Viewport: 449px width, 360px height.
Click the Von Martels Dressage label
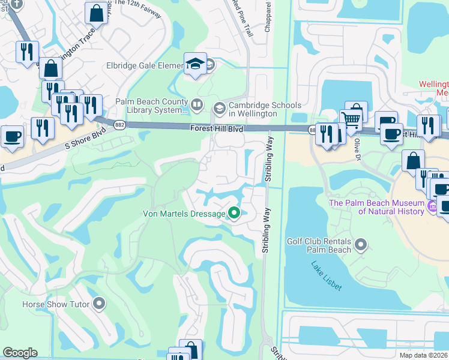[183, 214]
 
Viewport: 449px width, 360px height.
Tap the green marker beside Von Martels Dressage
[234, 213]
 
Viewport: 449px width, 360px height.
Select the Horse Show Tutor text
[56, 304]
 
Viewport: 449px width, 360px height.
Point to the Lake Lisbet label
[327, 276]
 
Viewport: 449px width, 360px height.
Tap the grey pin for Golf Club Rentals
[360, 244]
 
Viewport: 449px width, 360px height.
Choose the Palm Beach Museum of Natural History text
[376, 207]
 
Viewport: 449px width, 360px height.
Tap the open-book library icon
[196, 106]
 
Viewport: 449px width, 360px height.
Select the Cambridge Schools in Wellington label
[265, 109]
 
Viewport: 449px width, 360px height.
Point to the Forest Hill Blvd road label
[217, 128]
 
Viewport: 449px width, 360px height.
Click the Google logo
[20, 353]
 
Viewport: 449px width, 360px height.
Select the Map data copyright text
[424, 355]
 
